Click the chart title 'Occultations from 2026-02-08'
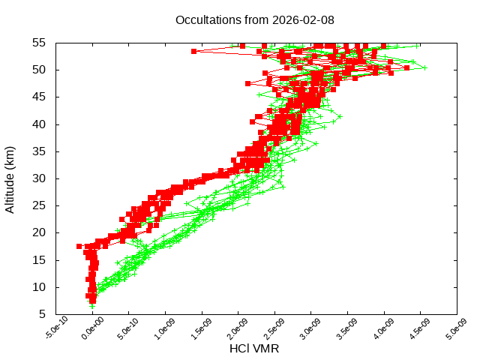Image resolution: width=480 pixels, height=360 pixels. [x=255, y=20]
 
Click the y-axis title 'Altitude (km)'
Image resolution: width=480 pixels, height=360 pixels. [x=10, y=178]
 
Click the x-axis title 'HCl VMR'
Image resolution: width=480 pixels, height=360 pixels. [x=254, y=349]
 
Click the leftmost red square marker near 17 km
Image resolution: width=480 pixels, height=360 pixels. [x=79, y=246]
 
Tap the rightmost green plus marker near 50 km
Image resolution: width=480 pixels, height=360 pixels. [x=424, y=67]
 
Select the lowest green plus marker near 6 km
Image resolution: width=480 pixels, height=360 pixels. [x=92, y=306]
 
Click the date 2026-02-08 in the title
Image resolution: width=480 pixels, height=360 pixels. [x=306, y=20]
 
